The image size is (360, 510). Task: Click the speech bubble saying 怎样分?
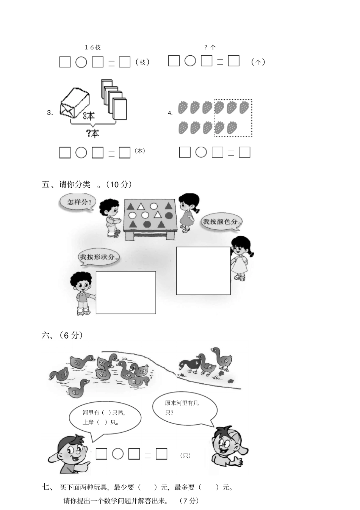tap(77, 202)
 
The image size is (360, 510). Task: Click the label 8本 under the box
tap(88, 116)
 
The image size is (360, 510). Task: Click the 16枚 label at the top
tap(92, 47)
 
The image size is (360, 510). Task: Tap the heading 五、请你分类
tap(67, 185)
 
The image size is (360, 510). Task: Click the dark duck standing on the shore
tap(190, 365)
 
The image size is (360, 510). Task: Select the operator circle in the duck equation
tap(118, 454)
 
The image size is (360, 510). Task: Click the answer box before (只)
tap(162, 454)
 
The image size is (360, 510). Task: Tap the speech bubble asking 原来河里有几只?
tap(185, 408)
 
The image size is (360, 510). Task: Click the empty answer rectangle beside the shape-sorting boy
tap(125, 292)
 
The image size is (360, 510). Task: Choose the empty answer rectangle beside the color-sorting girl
tap(203, 271)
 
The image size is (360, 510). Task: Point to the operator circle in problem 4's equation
tap(201, 152)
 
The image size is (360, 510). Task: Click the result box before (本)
tap(125, 152)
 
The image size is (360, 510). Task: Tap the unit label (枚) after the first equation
tap(143, 62)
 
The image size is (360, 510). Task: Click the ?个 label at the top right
tap(210, 47)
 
